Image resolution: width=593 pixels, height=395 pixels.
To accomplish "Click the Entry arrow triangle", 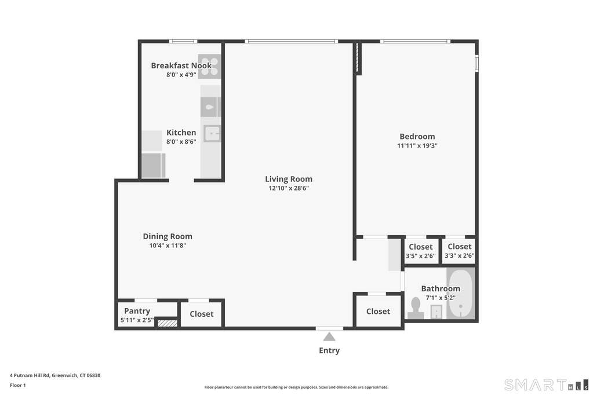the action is pyautogui.click(x=329, y=337).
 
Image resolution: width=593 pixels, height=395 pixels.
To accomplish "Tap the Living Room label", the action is pyautogui.click(x=289, y=179).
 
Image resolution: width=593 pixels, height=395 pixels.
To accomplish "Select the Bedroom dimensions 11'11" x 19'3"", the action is pyautogui.click(x=417, y=145).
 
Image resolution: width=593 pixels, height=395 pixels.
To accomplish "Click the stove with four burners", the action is pyautogui.click(x=209, y=66).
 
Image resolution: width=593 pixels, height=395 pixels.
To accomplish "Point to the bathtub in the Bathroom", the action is pyautogui.click(x=461, y=294).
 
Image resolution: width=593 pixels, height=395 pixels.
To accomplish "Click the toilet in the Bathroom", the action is pyautogui.click(x=416, y=308).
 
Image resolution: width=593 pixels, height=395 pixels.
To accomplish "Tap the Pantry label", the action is pyautogui.click(x=137, y=311).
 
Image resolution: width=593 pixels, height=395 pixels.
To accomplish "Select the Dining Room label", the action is pyautogui.click(x=168, y=236).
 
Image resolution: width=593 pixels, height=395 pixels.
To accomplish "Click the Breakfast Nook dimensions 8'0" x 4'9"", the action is pyautogui.click(x=181, y=75).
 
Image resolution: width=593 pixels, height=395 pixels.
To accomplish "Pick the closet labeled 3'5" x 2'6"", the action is pyautogui.click(x=420, y=251).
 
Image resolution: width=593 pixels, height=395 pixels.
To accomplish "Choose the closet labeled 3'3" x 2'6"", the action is pyautogui.click(x=460, y=251).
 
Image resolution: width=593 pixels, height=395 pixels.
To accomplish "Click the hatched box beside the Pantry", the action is pyautogui.click(x=167, y=323).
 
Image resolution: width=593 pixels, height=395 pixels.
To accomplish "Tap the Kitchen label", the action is pyautogui.click(x=181, y=133).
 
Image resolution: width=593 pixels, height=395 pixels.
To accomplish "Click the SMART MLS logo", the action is pyautogui.click(x=547, y=385).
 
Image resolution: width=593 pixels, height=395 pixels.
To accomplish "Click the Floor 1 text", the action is pyautogui.click(x=18, y=385).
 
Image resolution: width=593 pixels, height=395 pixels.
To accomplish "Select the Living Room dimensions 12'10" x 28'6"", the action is pyautogui.click(x=289, y=188).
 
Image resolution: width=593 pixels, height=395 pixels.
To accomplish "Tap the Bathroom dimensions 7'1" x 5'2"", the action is pyautogui.click(x=441, y=298).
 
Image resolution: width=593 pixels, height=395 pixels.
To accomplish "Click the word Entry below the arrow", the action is pyautogui.click(x=329, y=350).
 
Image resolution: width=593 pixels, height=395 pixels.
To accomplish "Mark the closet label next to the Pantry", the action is pyautogui.click(x=202, y=314).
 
